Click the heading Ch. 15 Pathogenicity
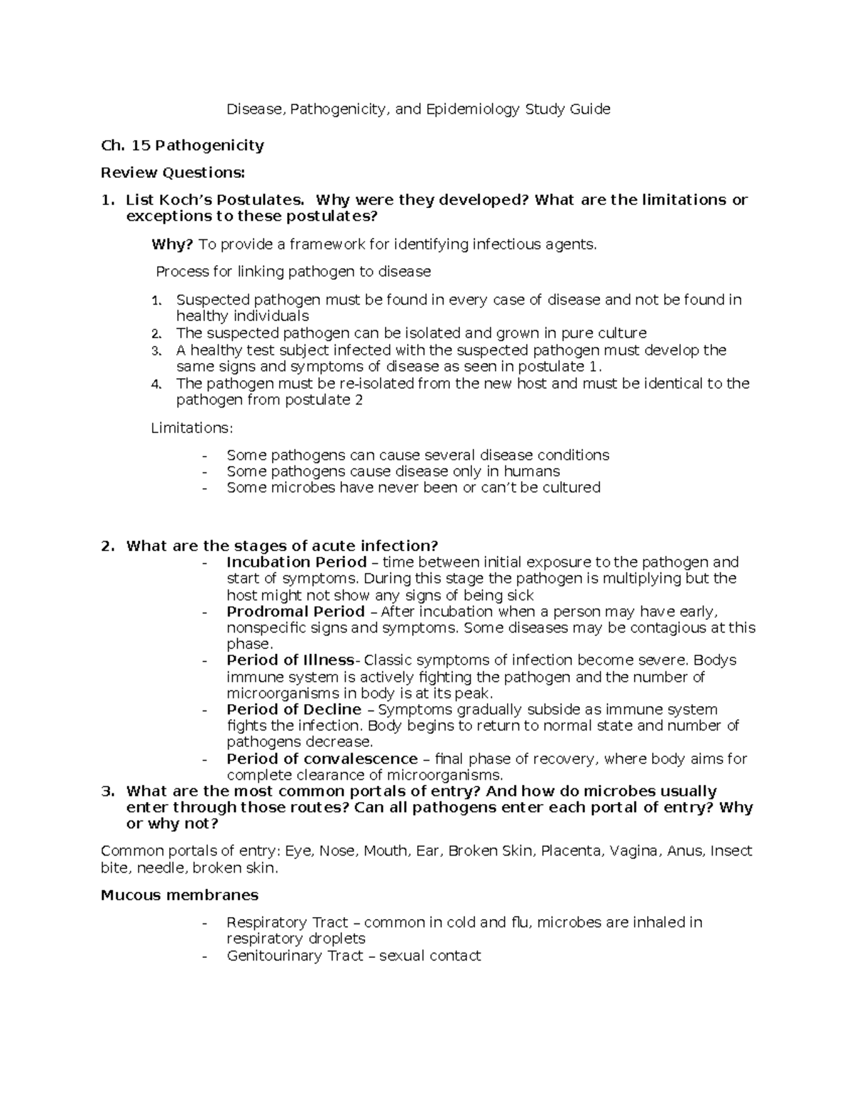pos(182,146)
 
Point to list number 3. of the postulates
pos(157,351)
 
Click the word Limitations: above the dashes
pos(192,428)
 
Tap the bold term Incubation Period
pos(296,563)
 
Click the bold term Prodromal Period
pos(295,612)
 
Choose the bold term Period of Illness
pos(290,660)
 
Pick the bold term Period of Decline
pos(294,710)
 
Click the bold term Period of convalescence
pos(321,759)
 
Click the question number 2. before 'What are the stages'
pos(107,547)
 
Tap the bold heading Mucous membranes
pos(179,896)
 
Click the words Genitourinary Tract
pos(295,956)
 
